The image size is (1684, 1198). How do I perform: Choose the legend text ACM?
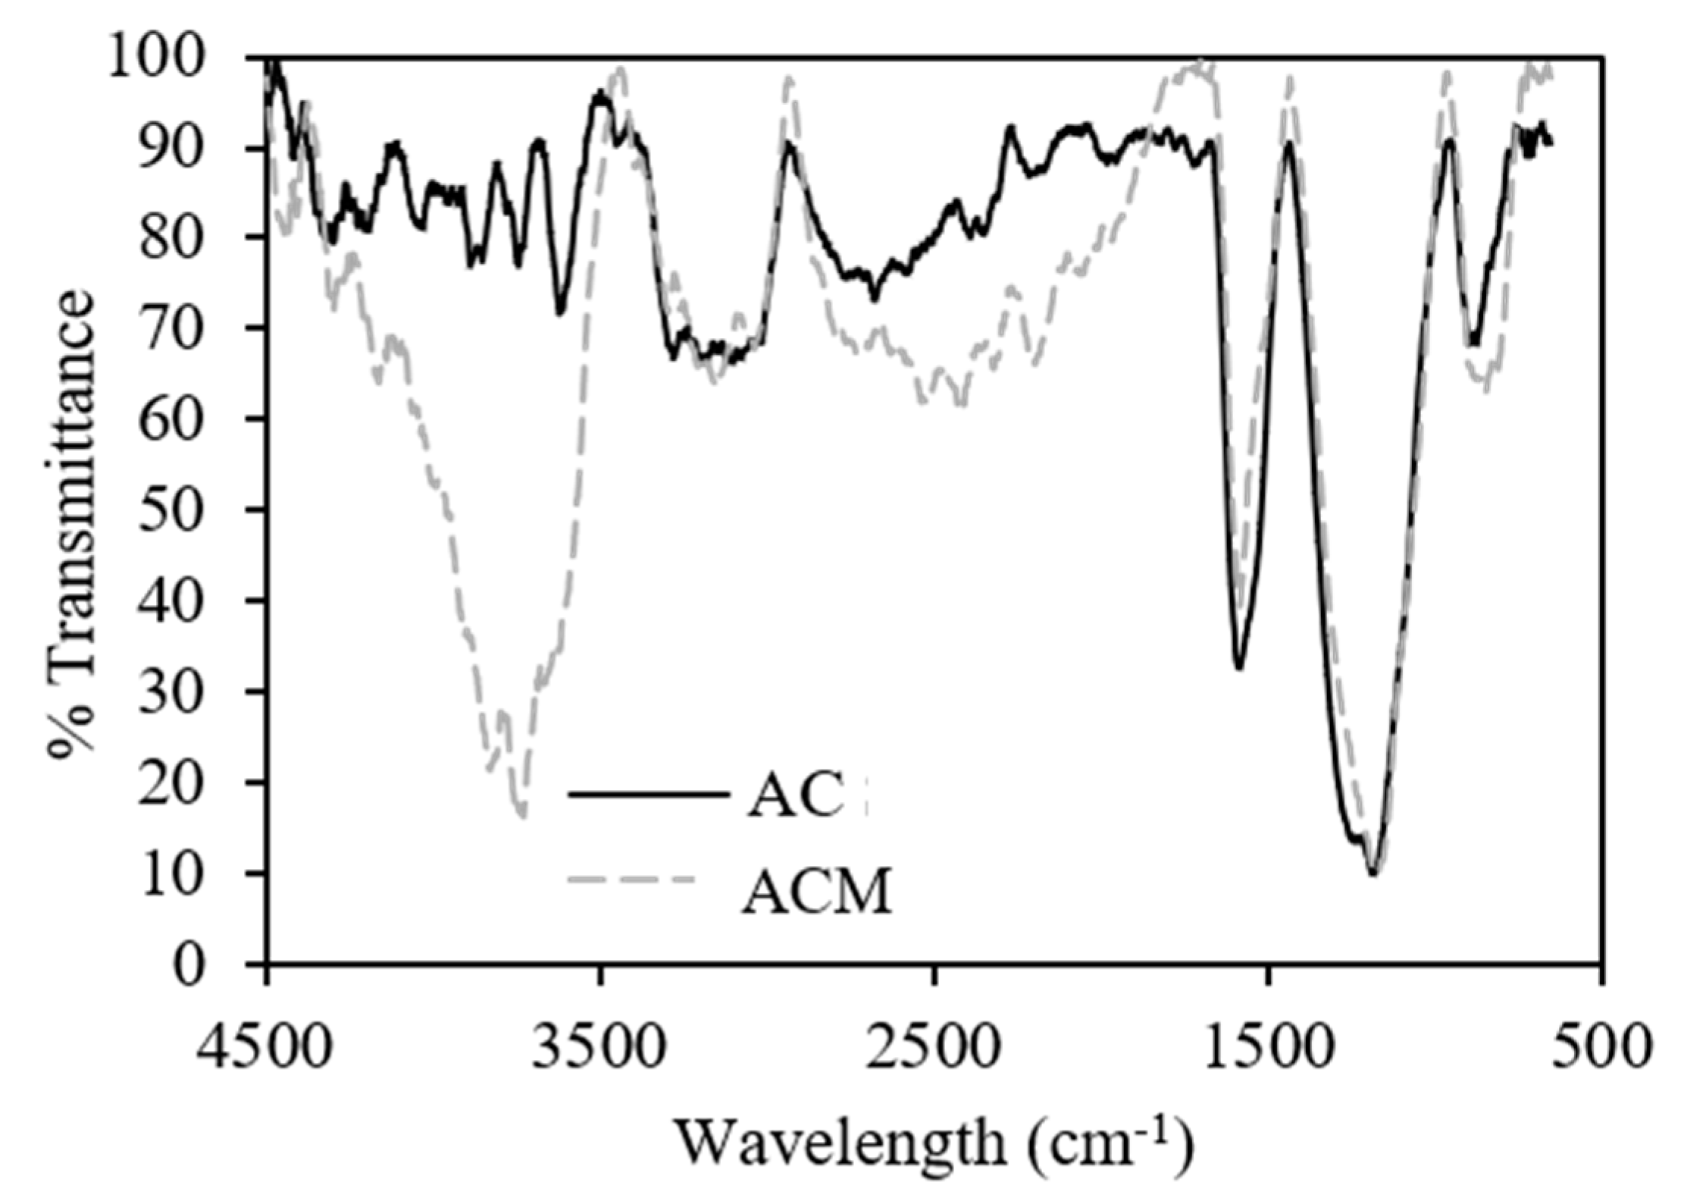(x=816, y=892)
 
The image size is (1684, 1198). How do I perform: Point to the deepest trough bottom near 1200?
(x=1373, y=873)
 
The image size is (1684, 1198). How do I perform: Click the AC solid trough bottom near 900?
(x=1474, y=344)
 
